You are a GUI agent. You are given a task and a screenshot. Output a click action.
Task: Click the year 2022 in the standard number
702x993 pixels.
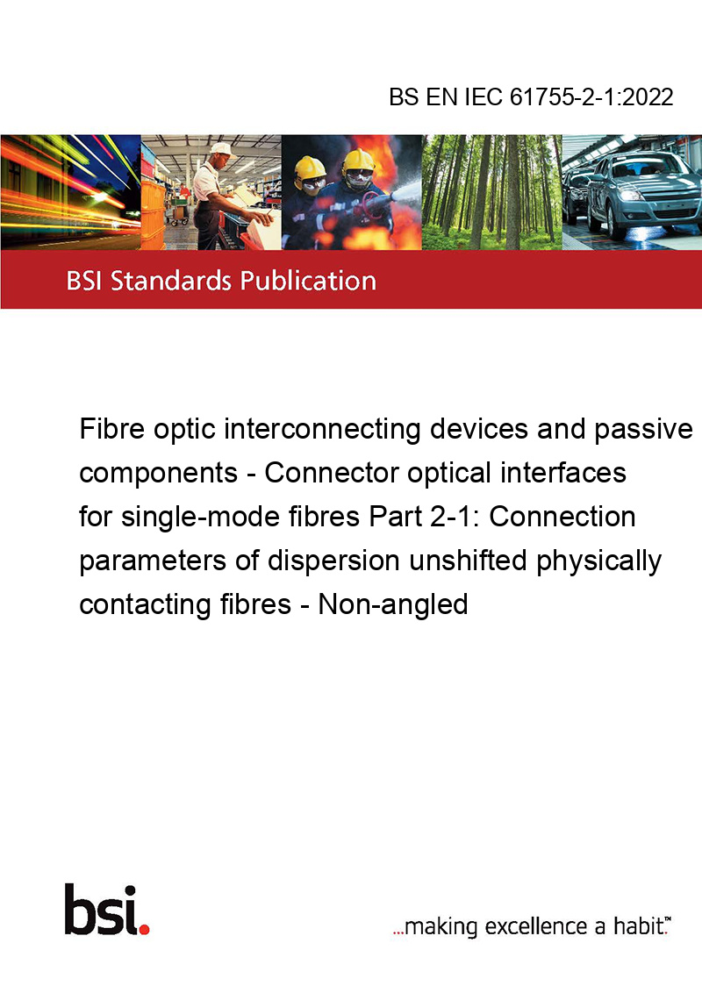click(648, 97)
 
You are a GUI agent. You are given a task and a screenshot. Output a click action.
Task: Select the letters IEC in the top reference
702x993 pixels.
click(484, 97)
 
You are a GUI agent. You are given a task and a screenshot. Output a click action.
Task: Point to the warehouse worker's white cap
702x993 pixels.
click(221, 149)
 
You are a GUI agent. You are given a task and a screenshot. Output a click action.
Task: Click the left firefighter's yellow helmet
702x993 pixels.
click(310, 167)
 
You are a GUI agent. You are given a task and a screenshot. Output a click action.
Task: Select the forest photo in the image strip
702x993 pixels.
click(491, 192)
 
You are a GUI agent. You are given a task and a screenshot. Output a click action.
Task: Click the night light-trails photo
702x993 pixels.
click(70, 192)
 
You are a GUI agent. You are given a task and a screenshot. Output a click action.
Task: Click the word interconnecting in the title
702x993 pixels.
click(322, 430)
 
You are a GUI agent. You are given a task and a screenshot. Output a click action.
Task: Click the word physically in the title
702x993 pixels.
click(598, 561)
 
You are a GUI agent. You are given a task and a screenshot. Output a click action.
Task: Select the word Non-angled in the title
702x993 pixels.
click(393, 604)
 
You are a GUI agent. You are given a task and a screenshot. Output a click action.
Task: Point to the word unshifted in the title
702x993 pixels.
click(468, 561)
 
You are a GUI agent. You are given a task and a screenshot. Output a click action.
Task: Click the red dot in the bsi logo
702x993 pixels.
click(144, 929)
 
